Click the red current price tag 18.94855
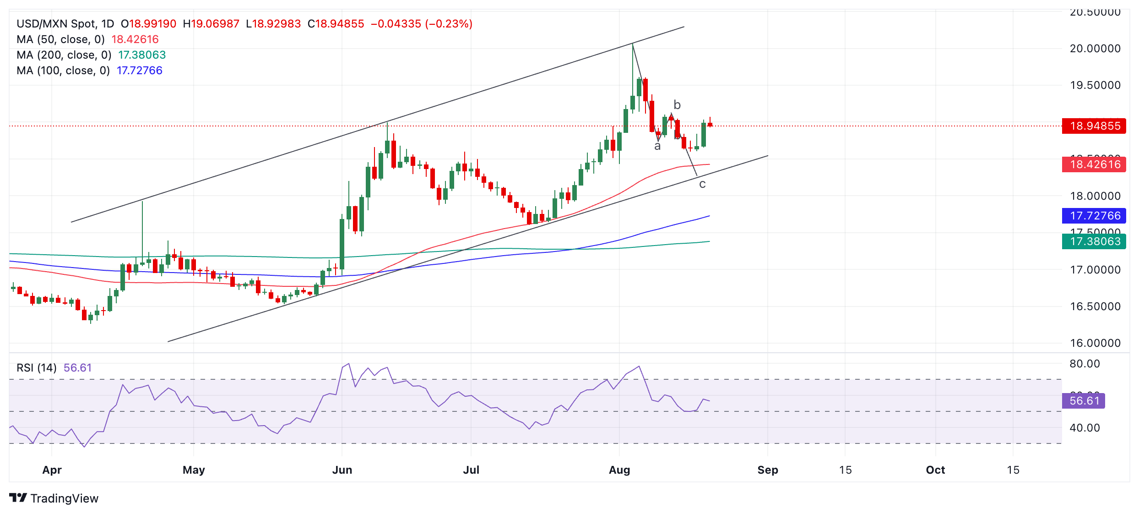coord(1094,126)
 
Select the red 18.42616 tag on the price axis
coord(1094,164)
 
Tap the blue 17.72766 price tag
coord(1094,216)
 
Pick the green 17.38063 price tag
coord(1094,241)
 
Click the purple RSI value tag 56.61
coord(1084,401)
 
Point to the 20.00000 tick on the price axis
coord(1095,49)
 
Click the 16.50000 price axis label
coord(1095,306)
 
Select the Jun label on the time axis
coord(342,470)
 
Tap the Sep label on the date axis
coord(768,470)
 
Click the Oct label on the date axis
coord(935,470)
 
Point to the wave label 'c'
coord(702,184)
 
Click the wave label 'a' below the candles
coord(657,146)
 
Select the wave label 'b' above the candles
coord(677,105)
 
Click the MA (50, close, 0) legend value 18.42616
coord(135,39)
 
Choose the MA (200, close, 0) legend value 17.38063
coord(142,55)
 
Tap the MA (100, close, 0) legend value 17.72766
coord(140,71)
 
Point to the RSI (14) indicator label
coord(37,368)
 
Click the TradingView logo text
coord(64,498)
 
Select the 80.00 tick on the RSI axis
coord(1085,364)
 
